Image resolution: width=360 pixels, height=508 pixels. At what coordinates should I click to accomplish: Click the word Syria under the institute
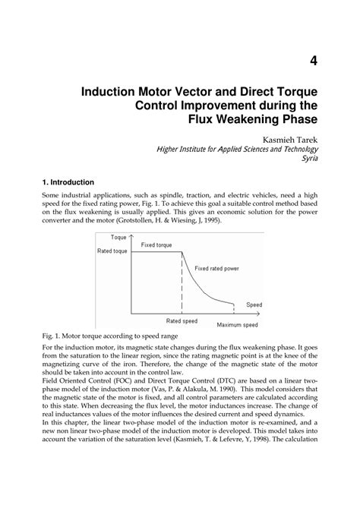306,160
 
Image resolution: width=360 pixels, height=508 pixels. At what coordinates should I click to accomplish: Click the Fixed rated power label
216,269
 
